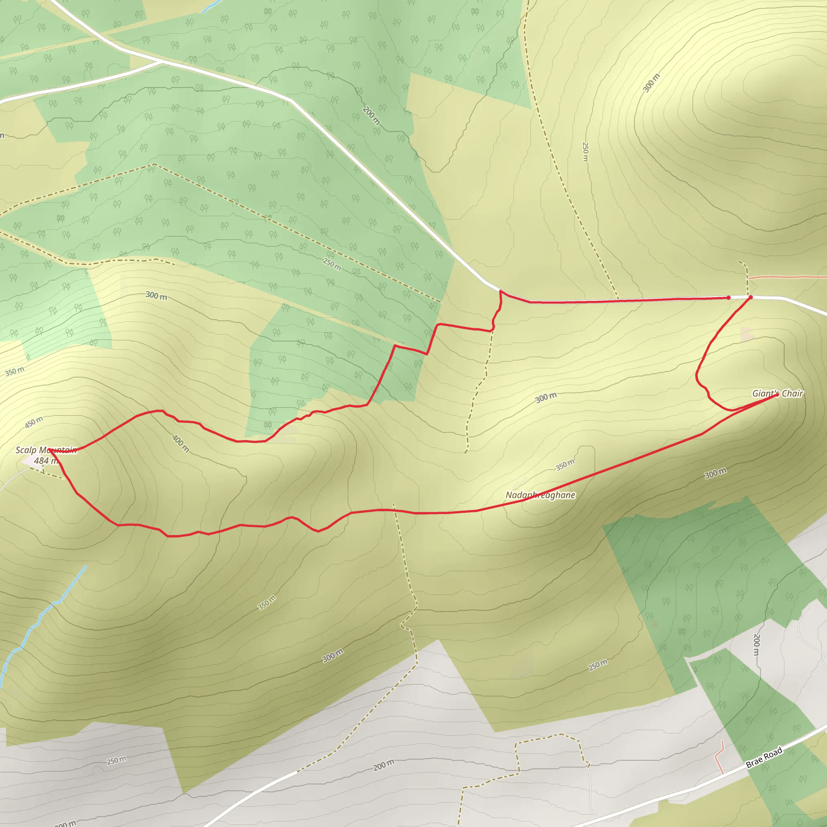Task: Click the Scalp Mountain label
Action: pyautogui.click(x=46, y=450)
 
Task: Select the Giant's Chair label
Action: pyautogui.click(x=777, y=393)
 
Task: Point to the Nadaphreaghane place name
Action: pyautogui.click(x=540, y=495)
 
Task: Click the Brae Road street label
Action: pyautogui.click(x=764, y=758)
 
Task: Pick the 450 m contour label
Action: pyautogui.click(x=34, y=422)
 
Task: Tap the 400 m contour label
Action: pyautogui.click(x=180, y=443)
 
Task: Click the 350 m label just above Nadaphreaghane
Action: pyautogui.click(x=565, y=465)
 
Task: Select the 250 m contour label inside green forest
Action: pyautogui.click(x=332, y=264)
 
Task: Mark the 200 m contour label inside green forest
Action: pyautogui.click(x=371, y=115)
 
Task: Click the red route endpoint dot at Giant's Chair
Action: pyautogui.click(x=777, y=395)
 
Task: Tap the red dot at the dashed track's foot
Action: pyautogui.click(x=751, y=297)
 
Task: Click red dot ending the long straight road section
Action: pyautogui.click(x=728, y=298)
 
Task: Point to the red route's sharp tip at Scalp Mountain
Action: pyautogui.click(x=50, y=450)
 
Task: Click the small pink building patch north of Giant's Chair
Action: pyautogui.click(x=746, y=333)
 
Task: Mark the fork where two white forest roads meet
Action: pyautogui.click(x=162, y=62)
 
